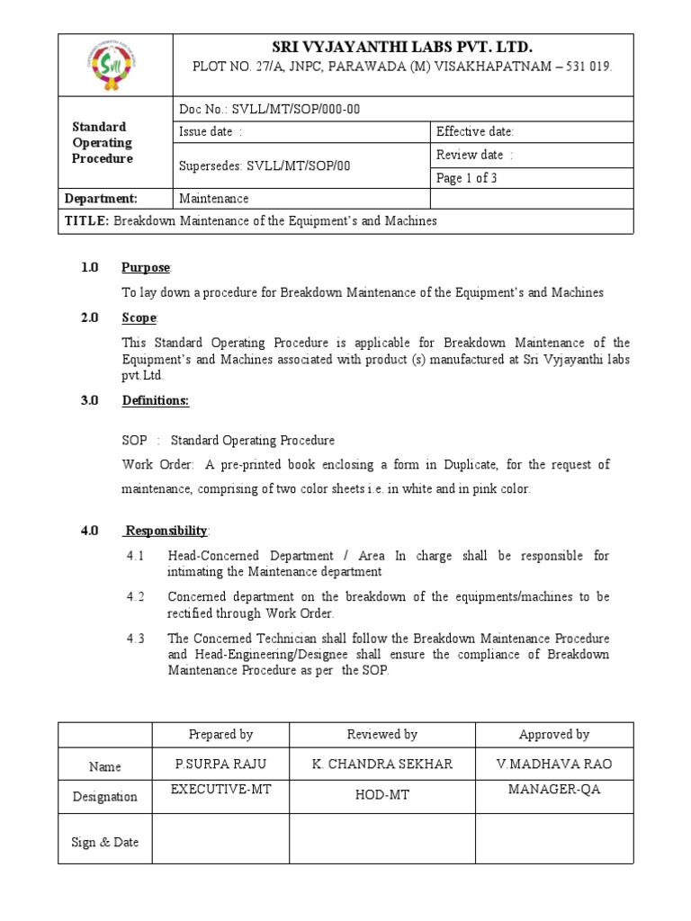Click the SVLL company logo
(115, 66)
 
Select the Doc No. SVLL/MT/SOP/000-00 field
(270, 109)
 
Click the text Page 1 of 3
(466, 177)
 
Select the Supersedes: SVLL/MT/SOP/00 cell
(265, 166)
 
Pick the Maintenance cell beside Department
(214, 199)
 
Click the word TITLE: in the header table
(86, 221)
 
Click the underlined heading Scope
(139, 318)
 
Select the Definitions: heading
(155, 401)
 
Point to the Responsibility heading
(166, 531)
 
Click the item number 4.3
(136, 639)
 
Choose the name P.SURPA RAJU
(220, 764)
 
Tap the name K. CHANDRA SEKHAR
(381, 764)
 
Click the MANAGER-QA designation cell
(553, 790)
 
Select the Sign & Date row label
(105, 843)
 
